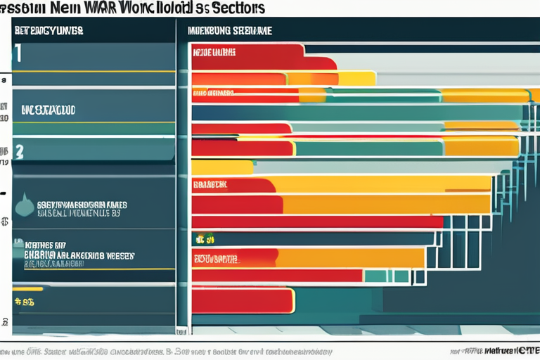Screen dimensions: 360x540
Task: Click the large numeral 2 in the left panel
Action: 19,150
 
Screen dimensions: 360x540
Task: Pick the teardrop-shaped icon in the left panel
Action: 23,206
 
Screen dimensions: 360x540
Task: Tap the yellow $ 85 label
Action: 25,303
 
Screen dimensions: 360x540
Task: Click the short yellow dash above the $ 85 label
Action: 27,288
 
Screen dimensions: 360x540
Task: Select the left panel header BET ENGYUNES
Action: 49,31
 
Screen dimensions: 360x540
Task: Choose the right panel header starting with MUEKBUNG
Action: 230,31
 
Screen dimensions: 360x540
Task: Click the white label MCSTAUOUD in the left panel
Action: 49,110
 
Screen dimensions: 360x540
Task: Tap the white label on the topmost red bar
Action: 214,52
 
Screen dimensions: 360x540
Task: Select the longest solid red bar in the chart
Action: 316,221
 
